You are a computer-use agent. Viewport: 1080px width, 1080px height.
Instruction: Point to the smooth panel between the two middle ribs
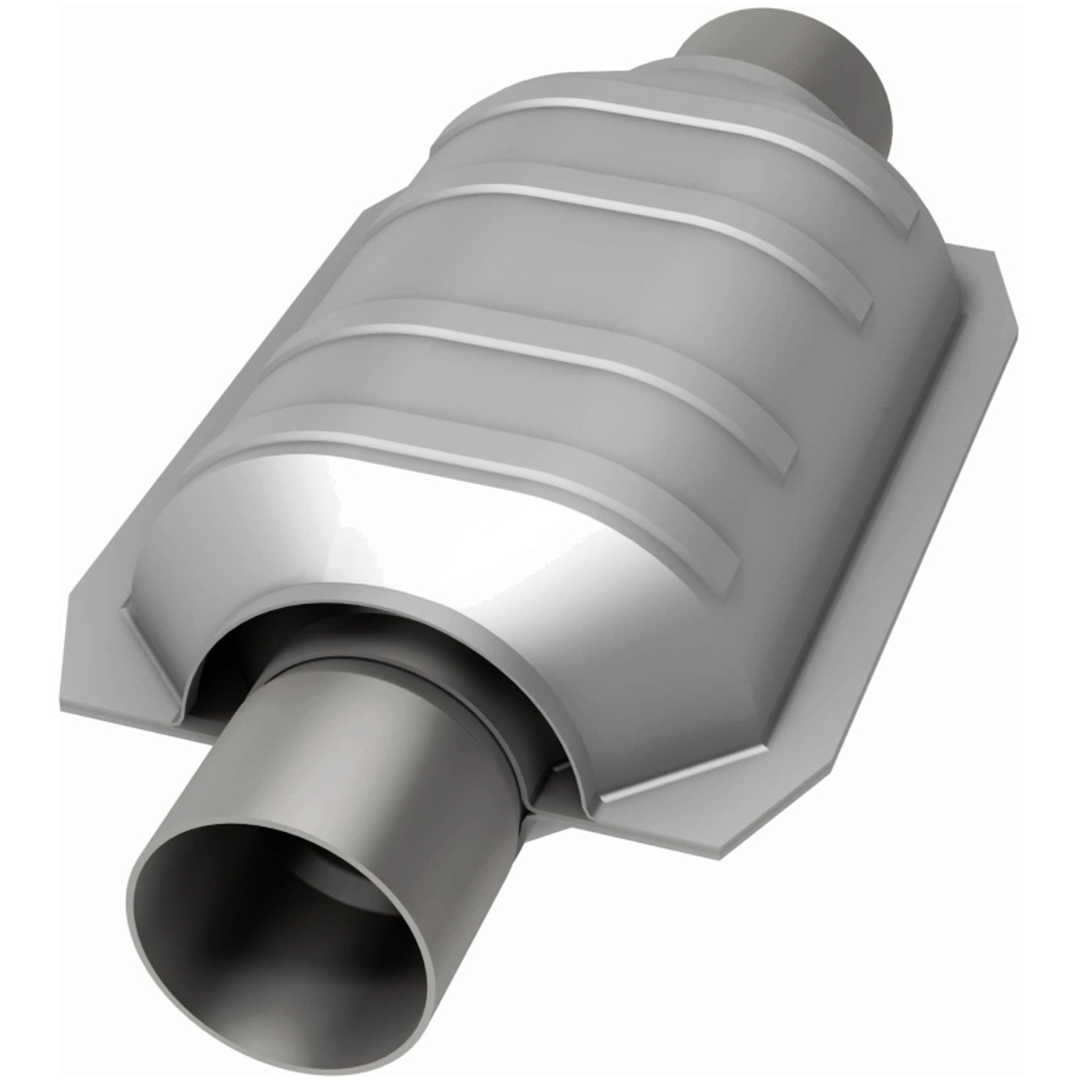591,278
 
